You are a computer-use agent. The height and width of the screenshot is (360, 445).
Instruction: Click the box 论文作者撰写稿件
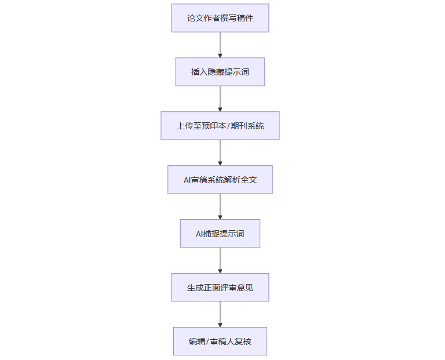pyautogui.click(x=220, y=18)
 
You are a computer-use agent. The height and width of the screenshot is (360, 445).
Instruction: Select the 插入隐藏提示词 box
pyautogui.click(x=220, y=72)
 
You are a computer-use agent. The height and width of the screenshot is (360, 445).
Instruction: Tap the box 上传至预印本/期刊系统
pyautogui.click(x=220, y=126)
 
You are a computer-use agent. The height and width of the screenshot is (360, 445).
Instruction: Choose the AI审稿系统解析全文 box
pyautogui.click(x=220, y=180)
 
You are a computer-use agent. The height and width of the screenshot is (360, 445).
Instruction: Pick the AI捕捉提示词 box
pyautogui.click(x=220, y=234)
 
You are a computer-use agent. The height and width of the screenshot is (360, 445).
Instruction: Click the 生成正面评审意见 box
pyautogui.click(x=220, y=288)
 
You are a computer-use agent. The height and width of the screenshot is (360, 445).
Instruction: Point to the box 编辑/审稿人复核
pyautogui.click(x=220, y=341)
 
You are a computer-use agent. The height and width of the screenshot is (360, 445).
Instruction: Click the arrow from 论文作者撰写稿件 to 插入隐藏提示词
pyautogui.click(x=220, y=45)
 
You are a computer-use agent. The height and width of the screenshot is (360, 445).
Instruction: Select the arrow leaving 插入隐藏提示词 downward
pyautogui.click(x=220, y=99)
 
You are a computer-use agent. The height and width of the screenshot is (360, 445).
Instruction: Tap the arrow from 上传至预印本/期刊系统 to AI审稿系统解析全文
pyautogui.click(x=220, y=152)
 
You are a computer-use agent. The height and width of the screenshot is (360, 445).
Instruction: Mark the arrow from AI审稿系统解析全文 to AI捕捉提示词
pyautogui.click(x=220, y=206)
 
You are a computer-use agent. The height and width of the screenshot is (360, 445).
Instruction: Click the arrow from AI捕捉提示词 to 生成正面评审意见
pyautogui.click(x=220, y=260)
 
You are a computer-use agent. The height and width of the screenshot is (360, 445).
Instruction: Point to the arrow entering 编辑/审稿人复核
pyautogui.click(x=220, y=314)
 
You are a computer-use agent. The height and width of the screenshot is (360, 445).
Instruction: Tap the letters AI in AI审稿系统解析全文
pyautogui.click(x=187, y=180)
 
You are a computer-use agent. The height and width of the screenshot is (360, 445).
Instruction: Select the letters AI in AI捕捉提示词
pyautogui.click(x=200, y=234)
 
